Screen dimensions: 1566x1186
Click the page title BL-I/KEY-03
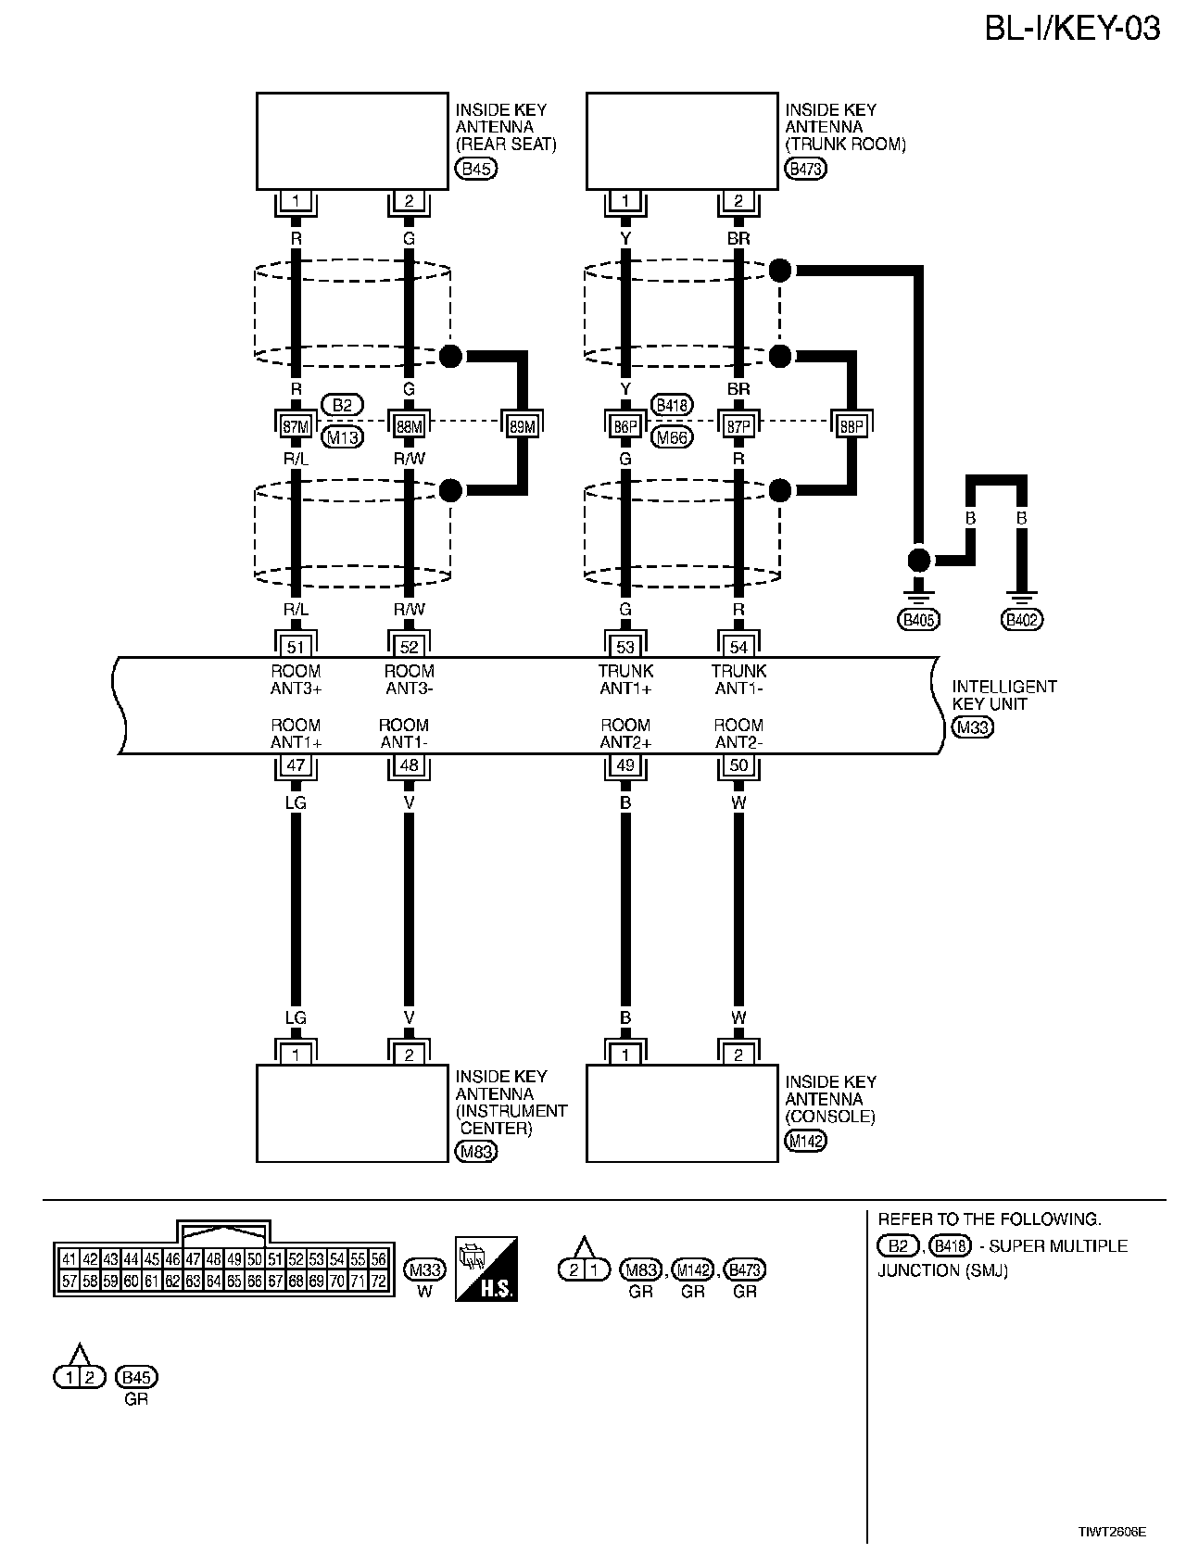[1071, 29]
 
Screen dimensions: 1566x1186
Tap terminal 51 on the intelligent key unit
[296, 646]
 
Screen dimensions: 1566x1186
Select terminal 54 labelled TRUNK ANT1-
[738, 646]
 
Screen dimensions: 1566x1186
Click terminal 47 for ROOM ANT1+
[296, 765]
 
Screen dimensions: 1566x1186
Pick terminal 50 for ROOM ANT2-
[738, 765]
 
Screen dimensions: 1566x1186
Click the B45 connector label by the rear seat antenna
[476, 169]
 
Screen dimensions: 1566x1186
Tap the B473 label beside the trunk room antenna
[805, 169]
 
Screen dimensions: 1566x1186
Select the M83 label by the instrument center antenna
[477, 1152]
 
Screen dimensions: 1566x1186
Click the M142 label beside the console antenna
[805, 1141]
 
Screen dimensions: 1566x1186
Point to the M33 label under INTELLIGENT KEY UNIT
[973, 727]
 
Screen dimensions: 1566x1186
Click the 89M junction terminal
[522, 425]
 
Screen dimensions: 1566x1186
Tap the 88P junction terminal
[851, 425]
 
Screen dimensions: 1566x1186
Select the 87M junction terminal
[296, 425]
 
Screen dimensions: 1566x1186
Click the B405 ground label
[918, 619]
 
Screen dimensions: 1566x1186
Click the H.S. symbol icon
[486, 1269]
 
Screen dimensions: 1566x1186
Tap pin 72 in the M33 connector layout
[379, 1282]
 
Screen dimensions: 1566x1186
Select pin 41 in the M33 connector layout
[69, 1259]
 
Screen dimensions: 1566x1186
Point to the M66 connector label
[672, 437]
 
